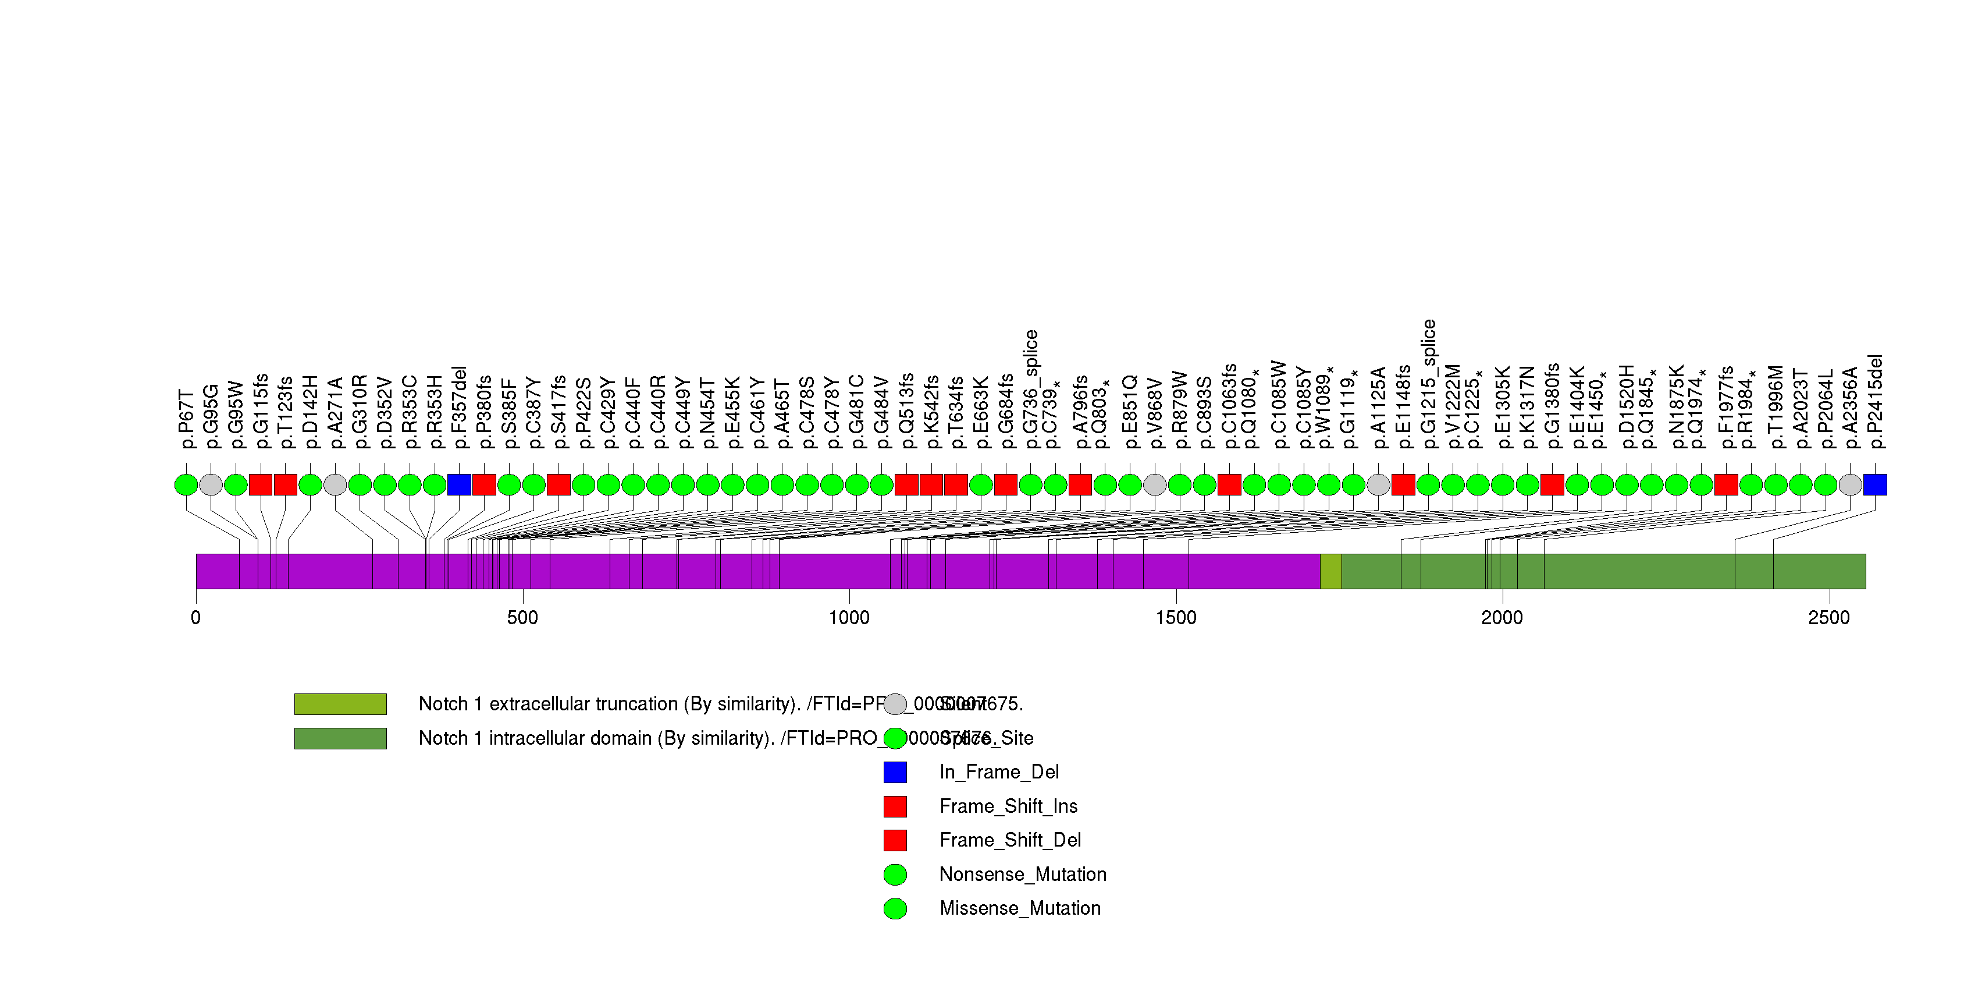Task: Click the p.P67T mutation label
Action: [x=187, y=420]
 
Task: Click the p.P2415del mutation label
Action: [x=1876, y=402]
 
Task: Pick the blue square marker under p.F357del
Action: [x=459, y=484]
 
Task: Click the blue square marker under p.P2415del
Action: [x=1875, y=484]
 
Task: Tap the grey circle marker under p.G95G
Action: [x=211, y=484]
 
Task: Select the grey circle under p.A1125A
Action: [x=1378, y=484]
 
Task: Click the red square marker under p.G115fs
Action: [x=261, y=484]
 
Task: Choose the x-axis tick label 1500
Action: [x=1176, y=618]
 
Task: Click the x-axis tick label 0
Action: [x=196, y=618]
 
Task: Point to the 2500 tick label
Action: [x=1828, y=618]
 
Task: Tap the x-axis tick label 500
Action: [x=522, y=618]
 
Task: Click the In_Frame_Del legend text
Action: [x=999, y=772]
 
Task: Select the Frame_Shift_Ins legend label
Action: [x=1008, y=806]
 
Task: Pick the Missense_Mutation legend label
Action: [x=1019, y=908]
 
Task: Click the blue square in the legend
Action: [x=895, y=772]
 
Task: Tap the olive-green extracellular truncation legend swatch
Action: [x=340, y=703]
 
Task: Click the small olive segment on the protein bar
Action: [x=1330, y=571]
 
